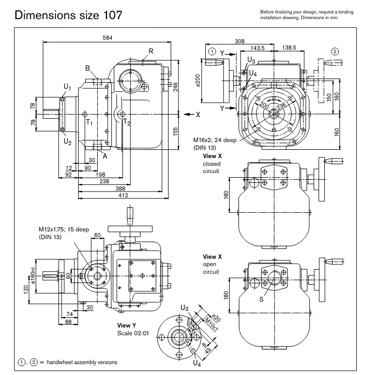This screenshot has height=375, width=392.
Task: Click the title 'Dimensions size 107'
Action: coord(69,15)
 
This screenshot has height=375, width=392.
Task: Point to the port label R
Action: coord(150,51)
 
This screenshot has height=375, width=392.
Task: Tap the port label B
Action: coord(88,68)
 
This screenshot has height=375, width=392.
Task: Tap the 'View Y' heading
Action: coord(127,325)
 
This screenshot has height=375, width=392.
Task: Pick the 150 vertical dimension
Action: coord(329,97)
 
